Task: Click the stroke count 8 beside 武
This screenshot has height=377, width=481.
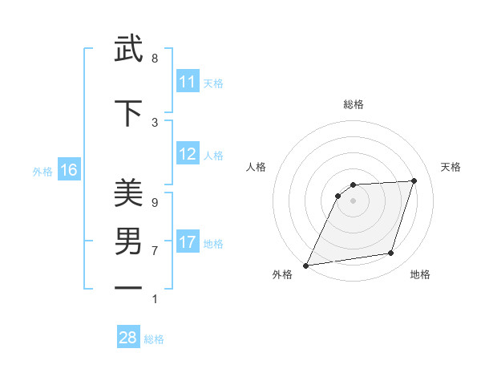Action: click(x=155, y=59)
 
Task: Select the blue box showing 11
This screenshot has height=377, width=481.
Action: click(x=188, y=82)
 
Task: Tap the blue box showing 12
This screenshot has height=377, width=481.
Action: click(x=188, y=154)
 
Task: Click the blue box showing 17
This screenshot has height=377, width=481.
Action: click(x=188, y=242)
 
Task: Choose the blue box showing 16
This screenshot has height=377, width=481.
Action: click(x=69, y=170)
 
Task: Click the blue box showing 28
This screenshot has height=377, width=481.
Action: click(x=128, y=338)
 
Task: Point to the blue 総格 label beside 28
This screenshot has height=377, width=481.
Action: click(x=154, y=339)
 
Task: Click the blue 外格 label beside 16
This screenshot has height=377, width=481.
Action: click(x=42, y=172)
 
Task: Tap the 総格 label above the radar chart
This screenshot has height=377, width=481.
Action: click(x=353, y=104)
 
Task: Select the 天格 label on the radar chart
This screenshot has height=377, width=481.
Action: click(x=451, y=167)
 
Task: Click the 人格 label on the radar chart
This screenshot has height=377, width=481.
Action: click(x=257, y=167)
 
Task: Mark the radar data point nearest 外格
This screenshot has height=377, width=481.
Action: click(x=305, y=266)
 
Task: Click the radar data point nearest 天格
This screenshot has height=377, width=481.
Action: click(x=414, y=180)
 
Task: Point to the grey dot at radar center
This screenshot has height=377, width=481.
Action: click(x=353, y=201)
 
